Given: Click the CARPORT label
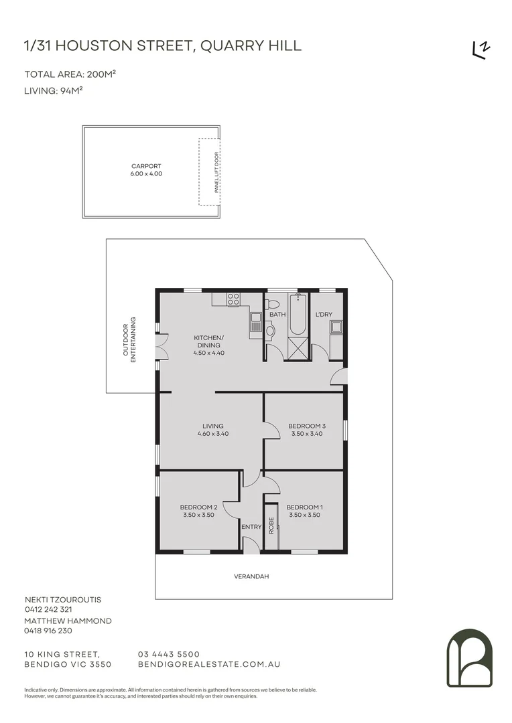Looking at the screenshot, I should [146, 166].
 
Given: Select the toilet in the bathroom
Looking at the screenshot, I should [271, 329].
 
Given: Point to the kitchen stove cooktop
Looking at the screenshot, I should [233, 300].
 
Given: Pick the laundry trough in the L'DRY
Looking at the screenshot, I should [336, 327].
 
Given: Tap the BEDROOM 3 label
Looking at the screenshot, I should [307, 426].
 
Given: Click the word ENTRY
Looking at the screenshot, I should [251, 527].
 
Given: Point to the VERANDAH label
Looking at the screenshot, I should [251, 576].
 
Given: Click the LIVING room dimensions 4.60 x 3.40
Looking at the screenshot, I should [213, 434].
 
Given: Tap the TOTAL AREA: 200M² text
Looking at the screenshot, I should [66, 74].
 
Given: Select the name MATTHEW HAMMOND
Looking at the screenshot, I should [68, 621].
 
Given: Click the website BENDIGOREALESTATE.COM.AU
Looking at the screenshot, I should [208, 664].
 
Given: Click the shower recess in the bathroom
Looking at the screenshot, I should [296, 348].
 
